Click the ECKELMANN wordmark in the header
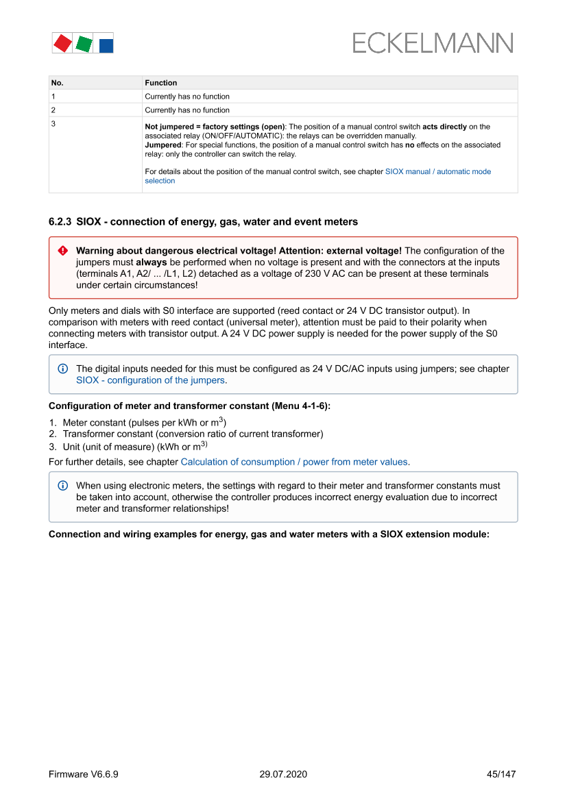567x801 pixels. point(433,43)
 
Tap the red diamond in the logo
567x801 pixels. point(62,43)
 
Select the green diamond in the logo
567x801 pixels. point(84,45)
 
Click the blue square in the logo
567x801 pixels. point(106,46)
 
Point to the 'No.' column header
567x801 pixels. point(58,83)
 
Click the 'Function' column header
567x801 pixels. point(161,83)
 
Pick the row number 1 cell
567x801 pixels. point(53,97)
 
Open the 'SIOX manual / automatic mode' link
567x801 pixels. point(437,171)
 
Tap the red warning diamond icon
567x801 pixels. point(63,251)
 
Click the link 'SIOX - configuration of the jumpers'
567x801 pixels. point(150,380)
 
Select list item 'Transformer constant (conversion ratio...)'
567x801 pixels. point(193,434)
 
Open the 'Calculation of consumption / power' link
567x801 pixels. point(294,462)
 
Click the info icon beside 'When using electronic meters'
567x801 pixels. point(63,486)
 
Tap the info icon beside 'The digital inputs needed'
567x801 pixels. point(63,369)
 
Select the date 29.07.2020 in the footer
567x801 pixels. point(283,774)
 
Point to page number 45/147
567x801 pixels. point(500,774)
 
